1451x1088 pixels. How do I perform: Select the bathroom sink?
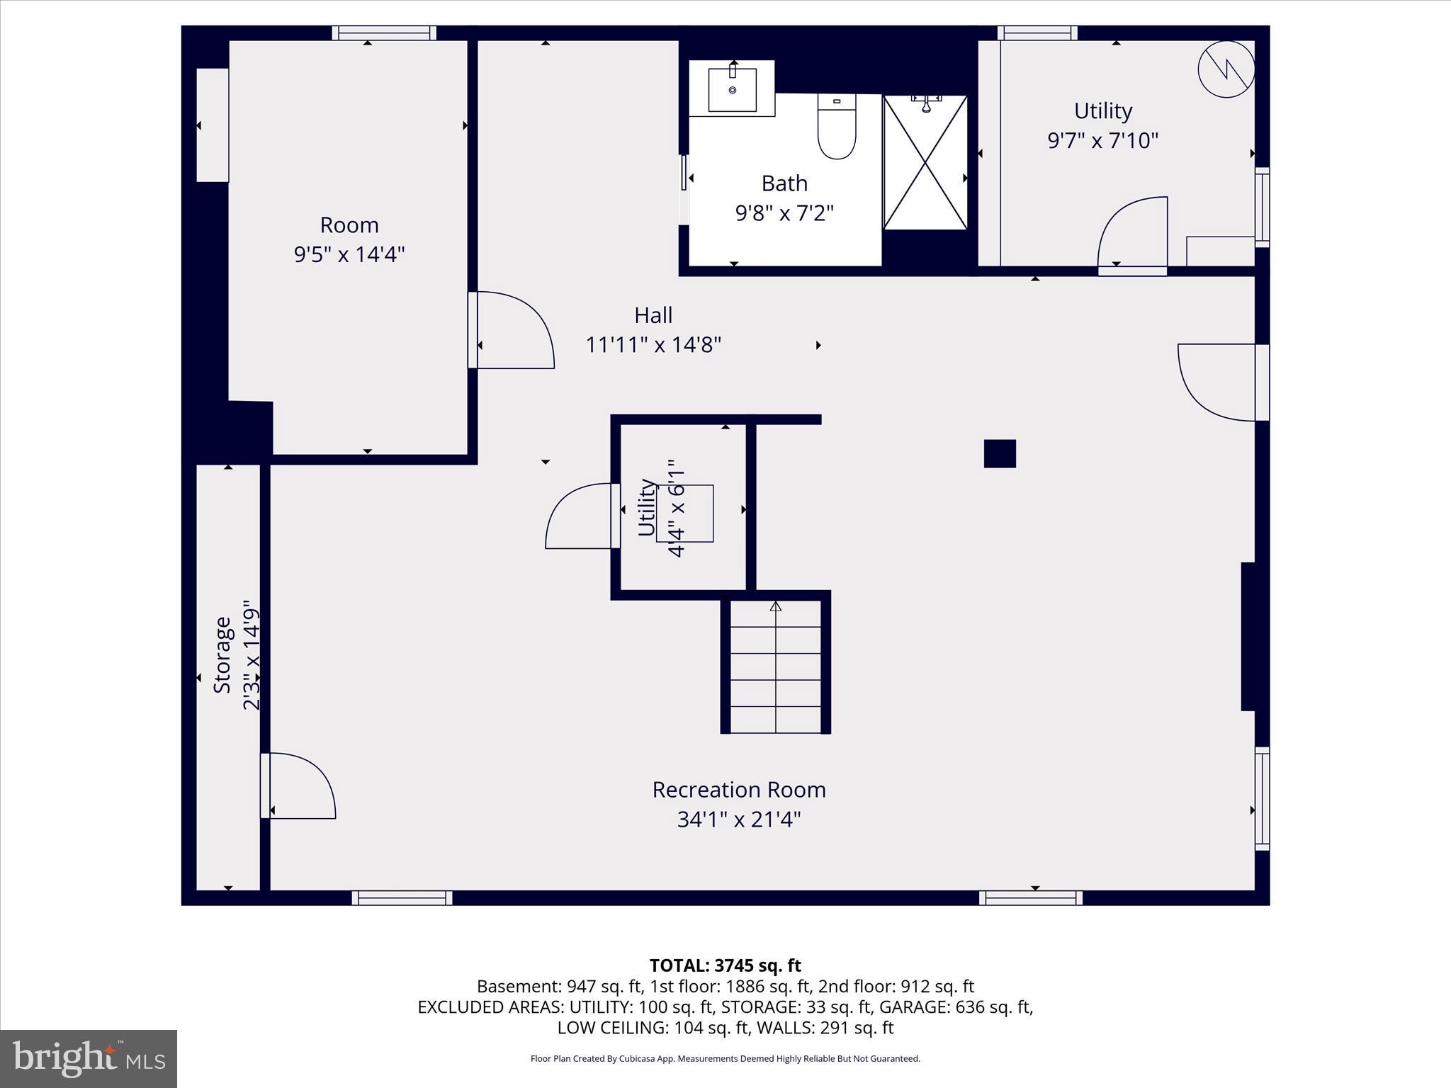click(732, 89)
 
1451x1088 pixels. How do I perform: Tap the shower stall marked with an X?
click(925, 163)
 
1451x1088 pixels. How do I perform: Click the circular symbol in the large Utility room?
click(1226, 69)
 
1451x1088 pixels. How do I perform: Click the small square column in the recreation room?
click(1000, 453)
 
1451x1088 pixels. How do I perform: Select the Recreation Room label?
click(739, 789)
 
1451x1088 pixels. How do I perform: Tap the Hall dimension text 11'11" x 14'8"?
click(653, 345)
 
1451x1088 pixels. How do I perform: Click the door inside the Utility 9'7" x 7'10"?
click(1132, 234)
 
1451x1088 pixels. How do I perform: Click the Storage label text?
click(222, 654)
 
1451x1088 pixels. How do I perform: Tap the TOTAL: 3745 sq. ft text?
click(725, 965)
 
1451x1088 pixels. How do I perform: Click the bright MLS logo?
click(89, 1059)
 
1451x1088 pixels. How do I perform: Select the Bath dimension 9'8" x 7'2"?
click(784, 212)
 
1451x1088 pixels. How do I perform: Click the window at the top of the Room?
click(384, 33)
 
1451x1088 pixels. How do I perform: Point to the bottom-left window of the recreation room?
click(402, 897)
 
